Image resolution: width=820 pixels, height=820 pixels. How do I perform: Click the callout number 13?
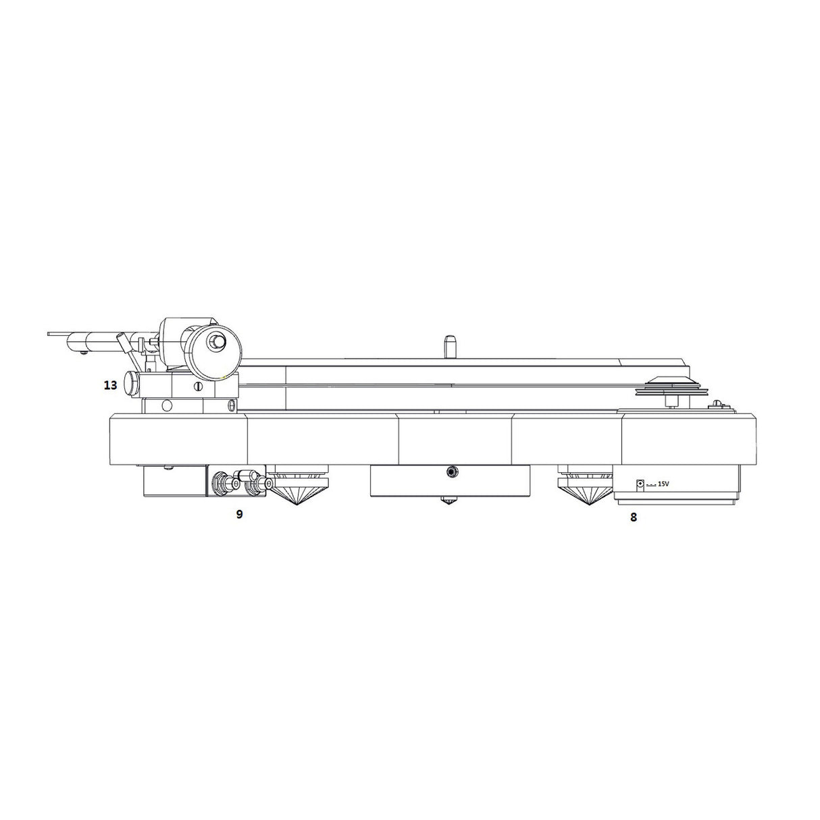(x=110, y=386)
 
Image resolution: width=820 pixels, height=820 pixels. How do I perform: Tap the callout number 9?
(x=240, y=514)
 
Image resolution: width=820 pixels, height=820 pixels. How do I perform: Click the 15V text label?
(x=663, y=484)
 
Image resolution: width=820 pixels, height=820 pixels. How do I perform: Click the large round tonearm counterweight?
(x=215, y=344)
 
